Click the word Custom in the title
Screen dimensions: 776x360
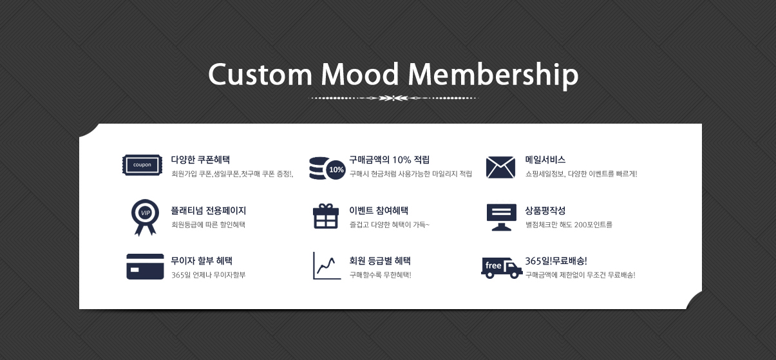pyautogui.click(x=260, y=75)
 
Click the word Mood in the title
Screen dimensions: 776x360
pyautogui.click(x=359, y=74)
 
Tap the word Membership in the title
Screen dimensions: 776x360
pyautogui.click(x=493, y=76)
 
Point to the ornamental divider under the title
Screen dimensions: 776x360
pyautogui.click(x=393, y=98)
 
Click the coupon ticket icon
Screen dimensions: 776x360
pyautogui.click(x=142, y=165)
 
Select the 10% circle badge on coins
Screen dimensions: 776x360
pyautogui.click(x=336, y=169)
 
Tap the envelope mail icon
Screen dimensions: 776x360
pyautogui.click(x=500, y=167)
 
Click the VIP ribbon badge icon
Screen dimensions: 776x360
pyautogui.click(x=145, y=217)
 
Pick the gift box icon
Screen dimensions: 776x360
pyautogui.click(x=326, y=216)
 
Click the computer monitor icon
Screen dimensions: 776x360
pyautogui.click(x=501, y=217)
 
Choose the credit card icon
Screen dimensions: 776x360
pyautogui.click(x=145, y=267)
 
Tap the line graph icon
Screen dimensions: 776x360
pyautogui.click(x=326, y=266)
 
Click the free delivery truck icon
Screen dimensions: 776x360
pyautogui.click(x=502, y=268)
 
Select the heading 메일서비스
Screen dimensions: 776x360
pyautogui.click(x=545, y=160)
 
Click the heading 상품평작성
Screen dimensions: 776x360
pyautogui.click(x=545, y=211)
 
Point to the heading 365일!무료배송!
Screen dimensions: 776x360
pyautogui.click(x=556, y=261)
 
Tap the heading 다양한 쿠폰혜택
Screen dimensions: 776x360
pyautogui.click(x=200, y=160)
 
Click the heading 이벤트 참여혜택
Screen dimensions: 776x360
pyautogui.click(x=379, y=211)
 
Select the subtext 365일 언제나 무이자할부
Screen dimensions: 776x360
pyautogui.click(x=208, y=275)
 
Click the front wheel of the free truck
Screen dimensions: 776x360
pyautogui.click(x=514, y=274)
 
